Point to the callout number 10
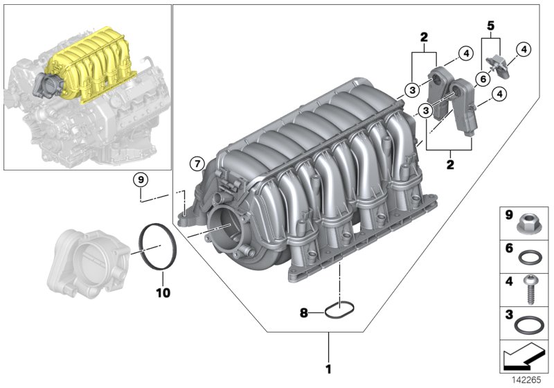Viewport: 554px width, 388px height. click(x=161, y=294)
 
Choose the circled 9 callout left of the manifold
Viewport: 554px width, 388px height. click(x=141, y=179)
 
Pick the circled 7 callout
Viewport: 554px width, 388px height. click(x=196, y=164)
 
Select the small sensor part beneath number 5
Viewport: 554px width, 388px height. click(x=499, y=63)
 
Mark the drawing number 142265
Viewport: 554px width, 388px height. click(x=528, y=380)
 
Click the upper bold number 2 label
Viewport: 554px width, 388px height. click(x=423, y=37)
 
